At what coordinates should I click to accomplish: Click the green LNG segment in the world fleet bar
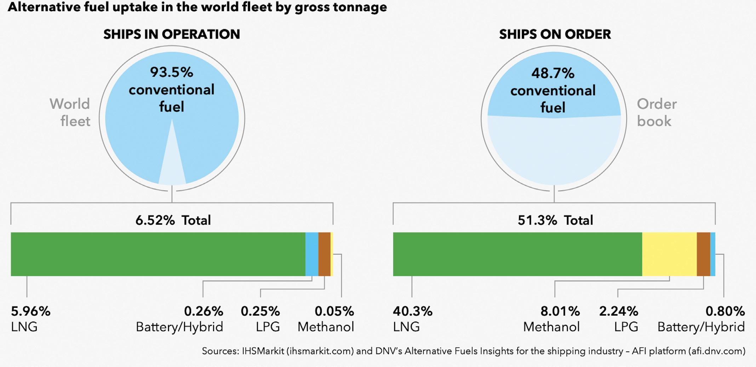click(158, 254)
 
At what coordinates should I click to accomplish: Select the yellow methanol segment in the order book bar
click(669, 254)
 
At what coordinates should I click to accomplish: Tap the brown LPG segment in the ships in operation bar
click(324, 254)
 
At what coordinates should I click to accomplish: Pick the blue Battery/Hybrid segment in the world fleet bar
click(312, 254)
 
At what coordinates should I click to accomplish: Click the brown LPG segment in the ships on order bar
click(703, 254)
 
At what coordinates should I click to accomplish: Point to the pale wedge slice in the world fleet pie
click(172, 163)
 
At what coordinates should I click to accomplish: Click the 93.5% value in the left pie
click(172, 72)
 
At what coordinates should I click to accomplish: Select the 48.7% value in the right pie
click(553, 73)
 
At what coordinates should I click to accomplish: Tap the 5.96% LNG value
click(31, 311)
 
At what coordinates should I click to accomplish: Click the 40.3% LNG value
click(413, 311)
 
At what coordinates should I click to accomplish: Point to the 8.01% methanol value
click(560, 311)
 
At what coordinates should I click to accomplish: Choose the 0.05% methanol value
click(334, 311)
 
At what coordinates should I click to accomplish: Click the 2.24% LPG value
click(618, 311)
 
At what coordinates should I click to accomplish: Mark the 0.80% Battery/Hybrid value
click(725, 311)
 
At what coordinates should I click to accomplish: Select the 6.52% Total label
click(173, 220)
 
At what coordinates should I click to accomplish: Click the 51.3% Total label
click(555, 220)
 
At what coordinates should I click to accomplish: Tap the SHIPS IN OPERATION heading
click(172, 34)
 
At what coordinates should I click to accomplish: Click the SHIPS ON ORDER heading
click(555, 34)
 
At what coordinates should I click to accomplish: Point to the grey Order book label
click(657, 113)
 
